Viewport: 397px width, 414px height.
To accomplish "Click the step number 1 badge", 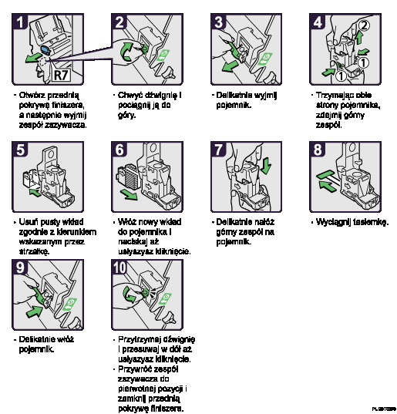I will coord(22,22).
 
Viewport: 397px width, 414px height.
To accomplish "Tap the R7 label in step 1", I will coord(61,75).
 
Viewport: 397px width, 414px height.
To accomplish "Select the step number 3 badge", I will coord(220,22).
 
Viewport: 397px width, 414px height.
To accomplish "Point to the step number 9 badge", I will coord(22,268).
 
